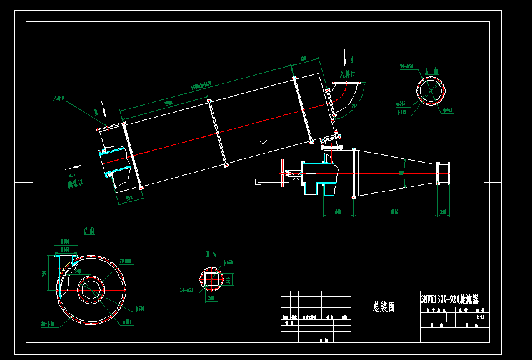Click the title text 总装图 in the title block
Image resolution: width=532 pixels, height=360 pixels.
(384, 307)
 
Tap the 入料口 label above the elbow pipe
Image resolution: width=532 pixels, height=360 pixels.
(348, 74)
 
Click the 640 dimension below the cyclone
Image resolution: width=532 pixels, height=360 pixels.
(338, 212)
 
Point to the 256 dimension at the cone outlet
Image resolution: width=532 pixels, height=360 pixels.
(443, 212)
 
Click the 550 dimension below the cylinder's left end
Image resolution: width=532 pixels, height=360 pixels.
(129, 198)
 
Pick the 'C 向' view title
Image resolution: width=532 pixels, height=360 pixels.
(89, 231)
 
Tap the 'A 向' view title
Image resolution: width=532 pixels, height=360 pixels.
(431, 71)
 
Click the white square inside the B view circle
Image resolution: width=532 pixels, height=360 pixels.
(211, 279)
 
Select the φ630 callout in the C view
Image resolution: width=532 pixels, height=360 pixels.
(140, 309)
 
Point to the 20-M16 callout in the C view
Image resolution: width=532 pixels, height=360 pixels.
(125, 261)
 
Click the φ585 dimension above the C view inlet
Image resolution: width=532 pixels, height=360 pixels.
(64, 241)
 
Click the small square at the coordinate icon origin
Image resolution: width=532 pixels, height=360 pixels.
(258, 182)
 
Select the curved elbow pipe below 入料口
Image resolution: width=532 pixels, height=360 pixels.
(345, 95)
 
